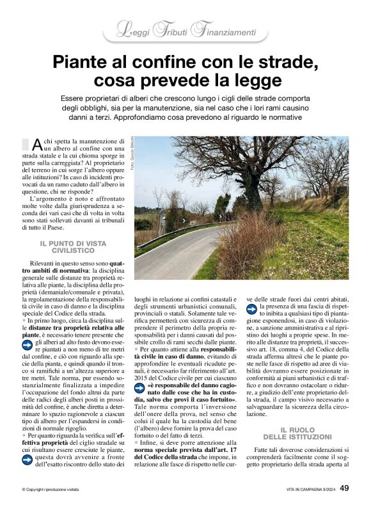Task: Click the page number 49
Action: coord(343,488)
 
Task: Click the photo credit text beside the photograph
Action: coord(130,154)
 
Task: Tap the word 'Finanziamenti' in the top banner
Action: coord(223,31)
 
